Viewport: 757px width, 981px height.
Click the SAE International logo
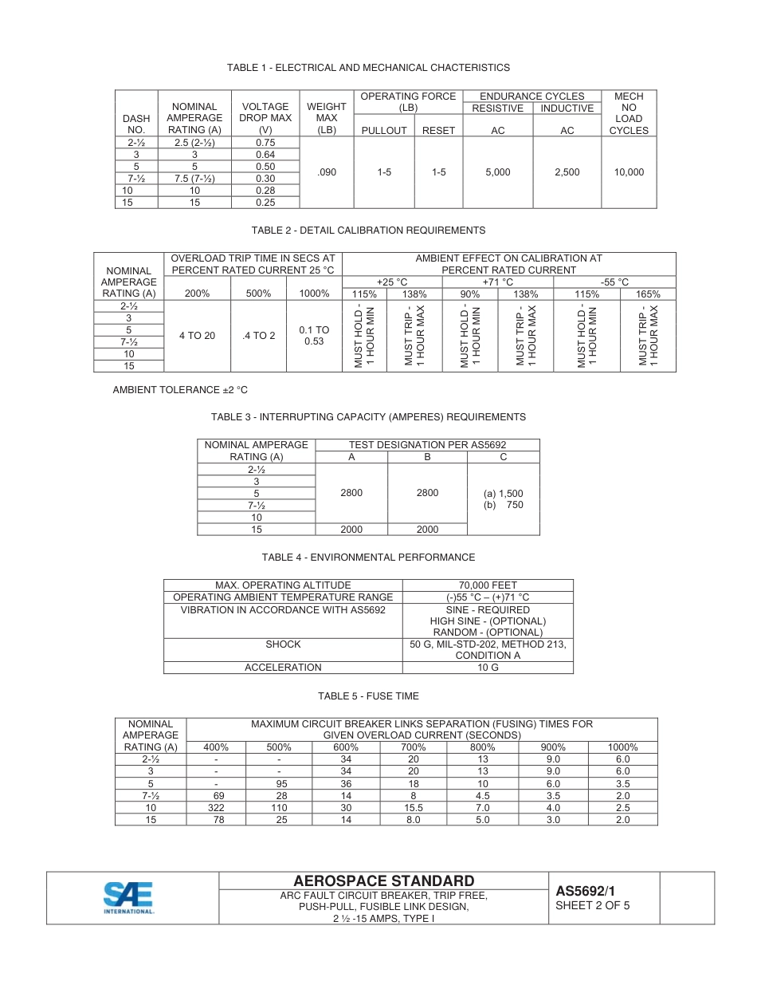[x=129, y=897]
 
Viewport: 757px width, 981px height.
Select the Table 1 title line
[x=368, y=68]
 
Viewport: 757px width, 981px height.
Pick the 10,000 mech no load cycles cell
[x=629, y=172]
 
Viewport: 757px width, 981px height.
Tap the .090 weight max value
[x=327, y=172]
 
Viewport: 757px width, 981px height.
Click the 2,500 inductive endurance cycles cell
[x=567, y=172]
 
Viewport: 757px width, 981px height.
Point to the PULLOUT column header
[x=384, y=131]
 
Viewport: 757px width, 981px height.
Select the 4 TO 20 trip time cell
[x=197, y=336]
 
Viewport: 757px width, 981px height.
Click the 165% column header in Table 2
[x=648, y=294]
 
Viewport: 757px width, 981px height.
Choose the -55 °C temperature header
[x=614, y=282]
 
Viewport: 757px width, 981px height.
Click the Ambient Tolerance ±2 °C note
[x=180, y=390]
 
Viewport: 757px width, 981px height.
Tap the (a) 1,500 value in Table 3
[x=503, y=494]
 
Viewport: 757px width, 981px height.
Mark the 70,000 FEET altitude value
[x=488, y=585]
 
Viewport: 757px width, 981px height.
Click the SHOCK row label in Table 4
[x=283, y=644]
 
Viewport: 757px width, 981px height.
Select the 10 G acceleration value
[x=488, y=668]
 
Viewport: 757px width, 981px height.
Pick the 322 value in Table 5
[x=216, y=808]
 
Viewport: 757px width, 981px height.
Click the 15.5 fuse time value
[x=413, y=808]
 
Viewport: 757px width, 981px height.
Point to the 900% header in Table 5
[x=553, y=747]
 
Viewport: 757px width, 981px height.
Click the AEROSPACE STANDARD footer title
[x=383, y=881]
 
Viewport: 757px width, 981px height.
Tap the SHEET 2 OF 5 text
[x=592, y=905]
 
